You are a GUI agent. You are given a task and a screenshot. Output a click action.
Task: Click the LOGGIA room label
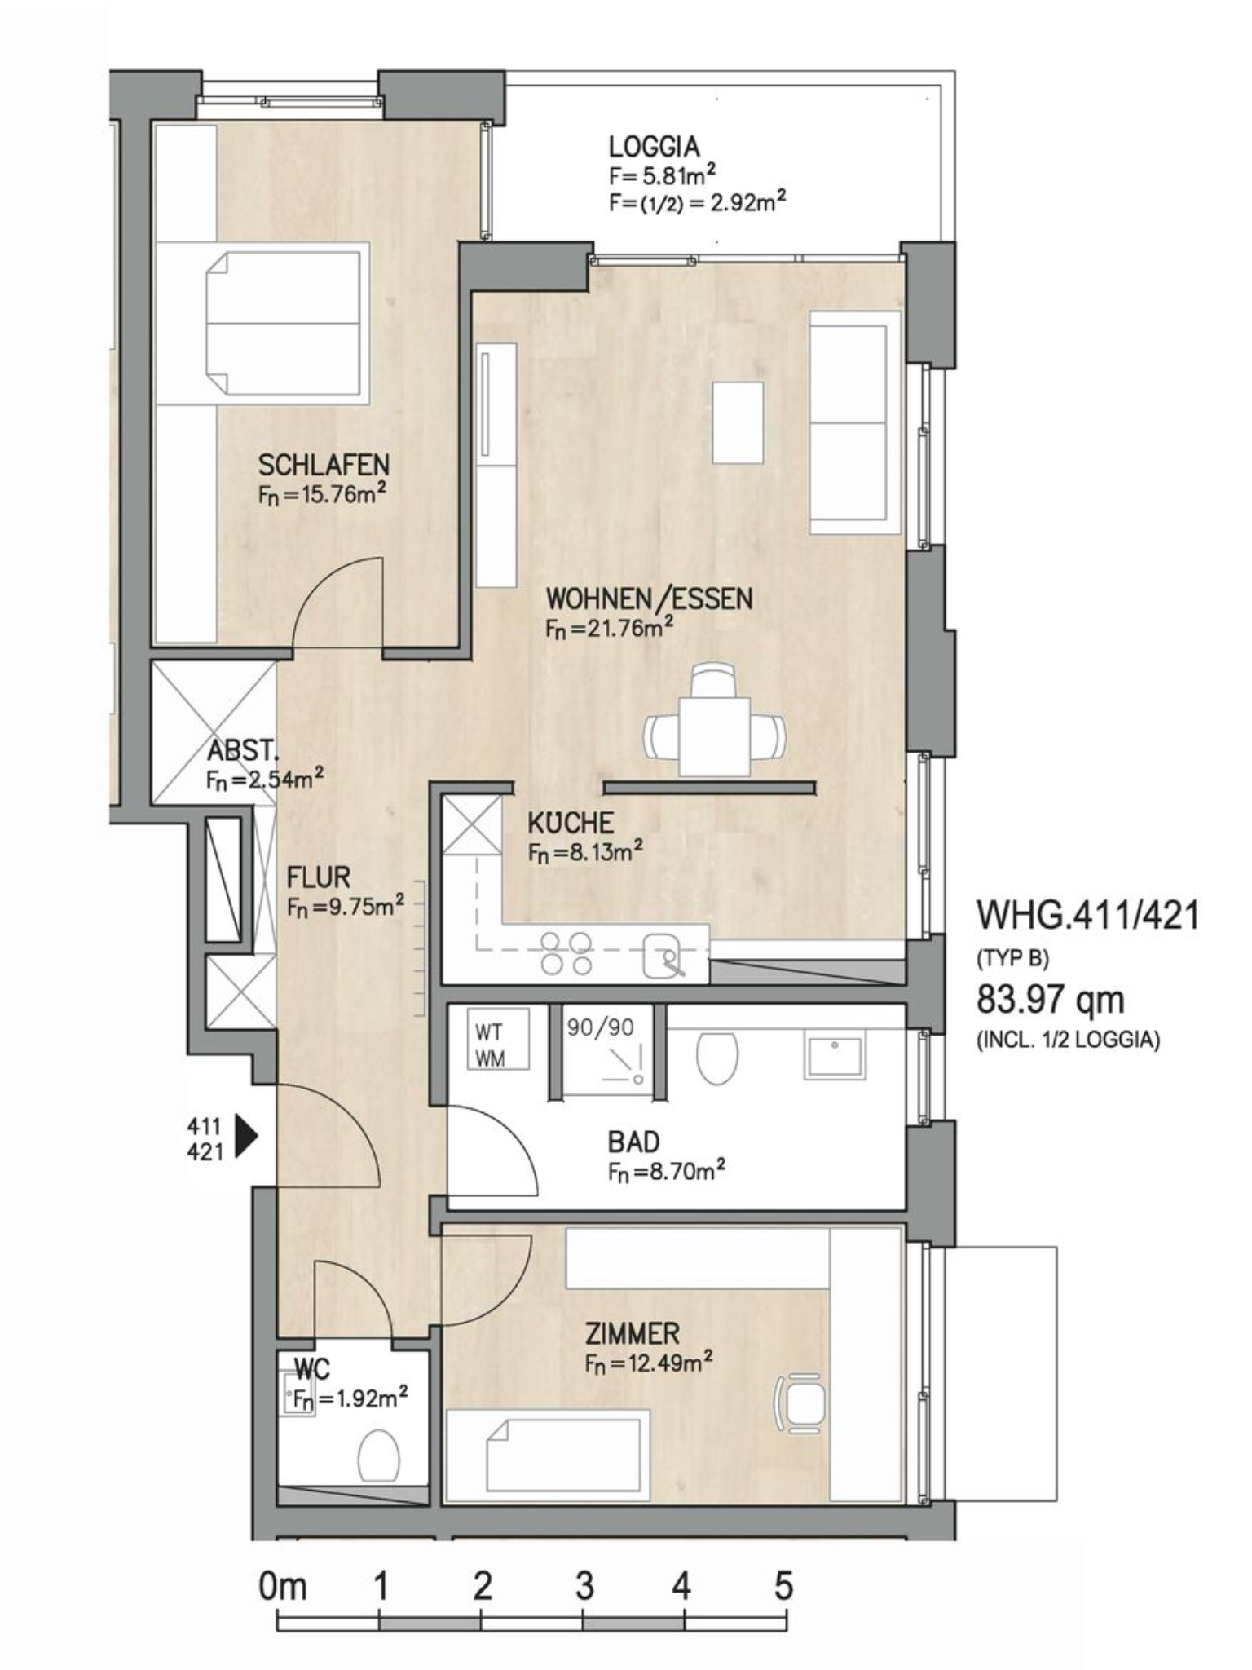(654, 147)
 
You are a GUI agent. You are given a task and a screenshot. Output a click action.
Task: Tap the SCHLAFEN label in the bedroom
(324, 465)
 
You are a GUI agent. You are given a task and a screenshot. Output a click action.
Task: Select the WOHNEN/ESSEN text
(649, 599)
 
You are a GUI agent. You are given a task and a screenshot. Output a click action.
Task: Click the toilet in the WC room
(378, 1456)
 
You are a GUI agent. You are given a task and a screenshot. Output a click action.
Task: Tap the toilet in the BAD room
(717, 1058)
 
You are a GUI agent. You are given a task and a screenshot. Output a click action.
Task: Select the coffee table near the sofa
(738, 422)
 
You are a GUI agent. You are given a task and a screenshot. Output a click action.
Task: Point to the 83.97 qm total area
(1050, 999)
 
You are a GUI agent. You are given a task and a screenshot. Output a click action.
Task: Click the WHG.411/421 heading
(1088, 916)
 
